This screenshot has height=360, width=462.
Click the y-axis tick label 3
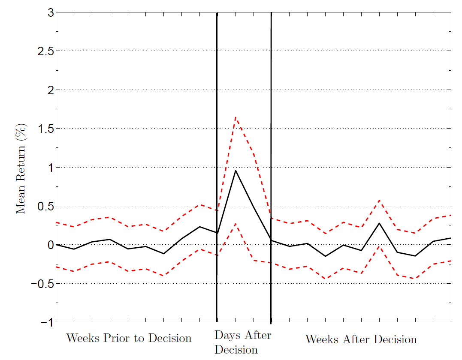(x=50, y=13)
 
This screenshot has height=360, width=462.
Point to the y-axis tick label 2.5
(x=45, y=51)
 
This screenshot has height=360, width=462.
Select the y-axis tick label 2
(x=50, y=90)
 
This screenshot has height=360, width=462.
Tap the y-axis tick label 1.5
(x=45, y=129)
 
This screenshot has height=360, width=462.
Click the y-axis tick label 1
(x=50, y=167)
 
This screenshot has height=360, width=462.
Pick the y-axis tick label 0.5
(x=45, y=206)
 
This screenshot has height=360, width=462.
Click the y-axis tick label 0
(x=50, y=245)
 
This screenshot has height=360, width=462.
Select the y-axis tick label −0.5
(x=42, y=283)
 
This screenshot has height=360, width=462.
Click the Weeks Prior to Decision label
(x=129, y=338)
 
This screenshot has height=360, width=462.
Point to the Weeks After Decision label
(x=361, y=339)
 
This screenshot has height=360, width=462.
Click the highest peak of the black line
(x=236, y=171)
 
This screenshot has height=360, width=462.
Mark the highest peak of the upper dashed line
(x=236, y=117)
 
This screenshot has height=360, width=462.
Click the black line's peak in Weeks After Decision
(x=379, y=223)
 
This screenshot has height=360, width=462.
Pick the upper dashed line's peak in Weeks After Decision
(x=379, y=200)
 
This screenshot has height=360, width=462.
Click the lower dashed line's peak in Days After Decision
(x=236, y=224)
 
